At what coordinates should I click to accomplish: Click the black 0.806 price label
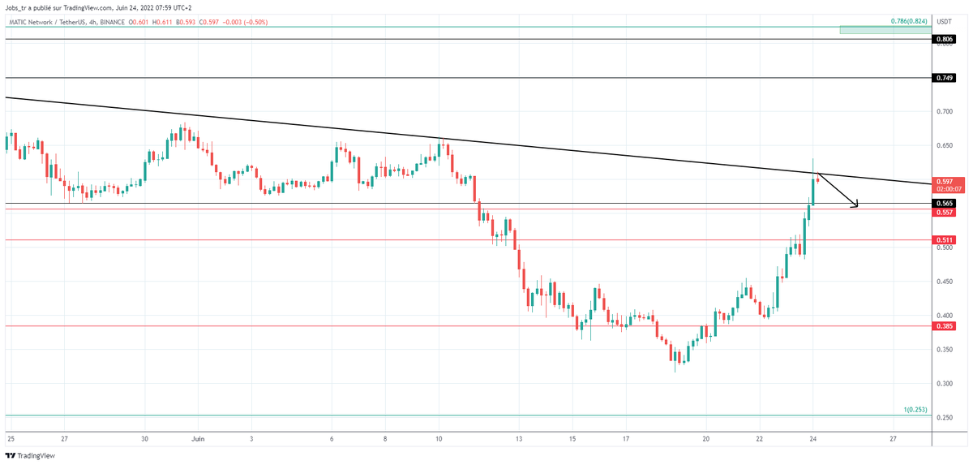[x=944, y=39]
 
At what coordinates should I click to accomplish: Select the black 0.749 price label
[x=944, y=78]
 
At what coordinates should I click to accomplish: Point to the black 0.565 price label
[x=944, y=203]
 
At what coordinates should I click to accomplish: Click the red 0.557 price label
[x=944, y=212]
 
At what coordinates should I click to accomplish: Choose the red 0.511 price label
[x=944, y=240]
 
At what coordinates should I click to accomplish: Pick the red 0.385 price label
[x=944, y=326]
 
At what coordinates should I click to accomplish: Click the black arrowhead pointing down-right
[x=854, y=205]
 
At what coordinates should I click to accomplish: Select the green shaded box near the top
[x=885, y=30]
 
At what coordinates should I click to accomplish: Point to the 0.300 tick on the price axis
[x=944, y=383]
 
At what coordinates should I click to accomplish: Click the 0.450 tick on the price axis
[x=944, y=282]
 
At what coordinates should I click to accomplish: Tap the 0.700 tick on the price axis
[x=944, y=111]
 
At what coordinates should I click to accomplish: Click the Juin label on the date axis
[x=197, y=438]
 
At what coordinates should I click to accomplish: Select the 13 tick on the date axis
[x=517, y=438]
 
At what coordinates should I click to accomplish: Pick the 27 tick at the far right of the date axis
[x=892, y=438]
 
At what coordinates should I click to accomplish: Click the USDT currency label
[x=945, y=21]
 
